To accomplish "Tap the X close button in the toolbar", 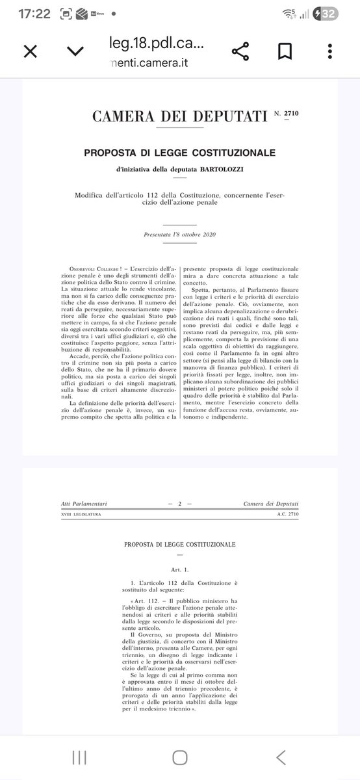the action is point(30,51).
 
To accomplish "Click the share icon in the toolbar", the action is point(240,51).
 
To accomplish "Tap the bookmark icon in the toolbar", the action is point(285,51).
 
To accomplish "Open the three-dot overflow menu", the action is point(331,51).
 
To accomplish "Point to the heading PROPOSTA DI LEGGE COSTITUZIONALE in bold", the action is point(179,153).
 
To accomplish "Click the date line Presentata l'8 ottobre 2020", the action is point(179,233).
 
